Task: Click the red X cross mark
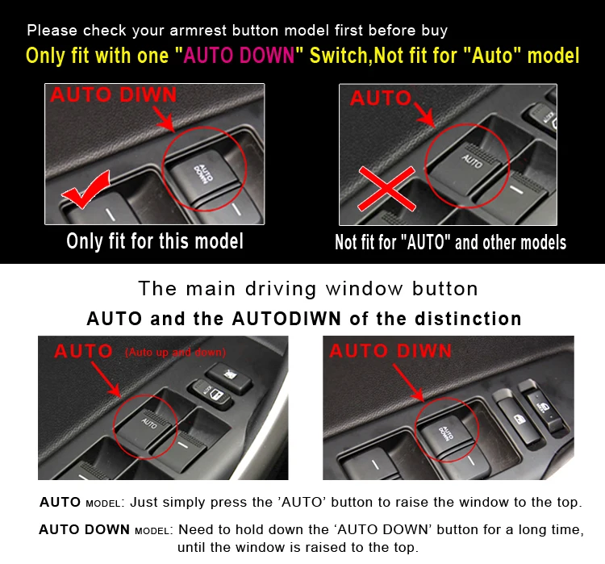tap(386, 189)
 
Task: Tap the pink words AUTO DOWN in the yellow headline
tap(239, 55)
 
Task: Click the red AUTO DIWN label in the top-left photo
tap(113, 95)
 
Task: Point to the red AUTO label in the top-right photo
tap(381, 98)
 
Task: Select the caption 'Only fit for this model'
tap(155, 241)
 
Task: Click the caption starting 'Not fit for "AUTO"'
tap(450, 242)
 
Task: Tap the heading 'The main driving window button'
tap(308, 289)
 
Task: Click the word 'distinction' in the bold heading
tap(468, 319)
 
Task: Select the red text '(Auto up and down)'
tap(176, 352)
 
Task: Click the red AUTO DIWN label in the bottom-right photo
tap(390, 351)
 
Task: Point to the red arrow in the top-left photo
tap(164, 119)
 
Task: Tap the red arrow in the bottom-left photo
tap(106, 380)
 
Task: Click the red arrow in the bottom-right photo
tap(408, 382)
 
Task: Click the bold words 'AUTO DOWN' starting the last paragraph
tap(84, 529)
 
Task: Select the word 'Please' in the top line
tap(52, 31)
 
